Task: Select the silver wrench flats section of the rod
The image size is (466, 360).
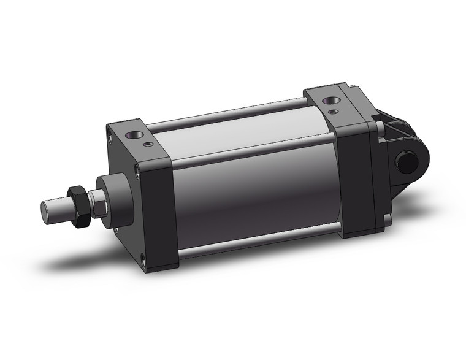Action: click(x=97, y=202)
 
